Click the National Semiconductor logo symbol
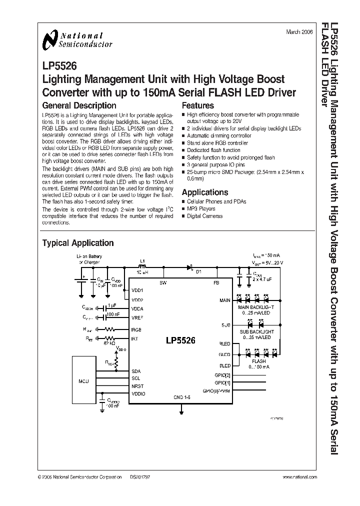tap(50, 39)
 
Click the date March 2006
tap(299, 31)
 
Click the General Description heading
tap(79, 105)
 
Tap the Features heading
tap(198, 105)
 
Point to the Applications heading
tap(205, 192)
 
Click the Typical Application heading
tap(78, 243)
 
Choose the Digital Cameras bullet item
tap(205, 216)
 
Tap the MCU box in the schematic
tap(84, 381)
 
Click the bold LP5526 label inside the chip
tap(180, 341)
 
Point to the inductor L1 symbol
tap(141, 267)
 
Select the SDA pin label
tap(136, 371)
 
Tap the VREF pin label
tap(137, 317)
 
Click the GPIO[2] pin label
tap(221, 375)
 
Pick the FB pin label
tap(216, 283)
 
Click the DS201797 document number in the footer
tap(140, 478)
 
